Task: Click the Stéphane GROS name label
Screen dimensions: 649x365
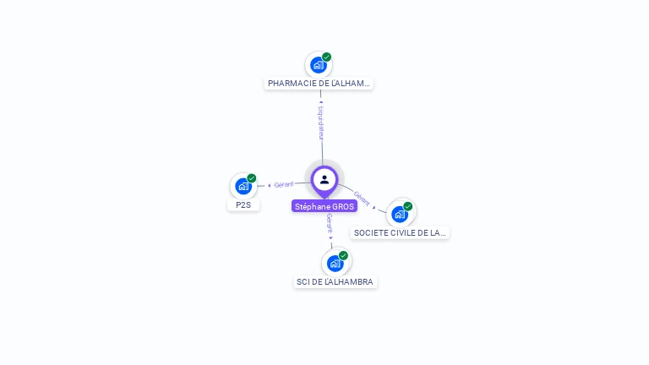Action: point(324,206)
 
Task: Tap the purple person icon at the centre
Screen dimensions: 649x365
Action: point(324,179)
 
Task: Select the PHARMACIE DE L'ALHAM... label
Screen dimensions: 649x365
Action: point(319,84)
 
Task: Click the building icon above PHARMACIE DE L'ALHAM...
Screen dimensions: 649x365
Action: point(318,65)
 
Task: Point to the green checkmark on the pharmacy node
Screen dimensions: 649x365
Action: point(327,57)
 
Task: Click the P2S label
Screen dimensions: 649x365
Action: point(243,204)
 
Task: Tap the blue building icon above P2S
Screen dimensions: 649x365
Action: point(243,186)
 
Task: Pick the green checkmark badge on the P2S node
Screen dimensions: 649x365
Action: point(252,178)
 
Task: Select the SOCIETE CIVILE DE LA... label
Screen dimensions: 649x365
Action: point(400,232)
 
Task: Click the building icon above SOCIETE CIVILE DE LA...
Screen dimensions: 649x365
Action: point(399,214)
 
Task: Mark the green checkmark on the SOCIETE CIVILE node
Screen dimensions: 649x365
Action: point(408,206)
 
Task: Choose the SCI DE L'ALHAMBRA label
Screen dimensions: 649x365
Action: point(335,281)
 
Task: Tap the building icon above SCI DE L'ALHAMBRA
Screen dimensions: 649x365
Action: point(335,263)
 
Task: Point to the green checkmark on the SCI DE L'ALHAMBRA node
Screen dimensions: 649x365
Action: point(344,255)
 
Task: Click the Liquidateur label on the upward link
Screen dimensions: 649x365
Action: point(321,123)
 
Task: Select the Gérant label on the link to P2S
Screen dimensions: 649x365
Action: point(284,184)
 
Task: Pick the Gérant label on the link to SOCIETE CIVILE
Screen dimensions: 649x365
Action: point(362,199)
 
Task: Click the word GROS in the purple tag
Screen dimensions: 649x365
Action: point(342,206)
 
